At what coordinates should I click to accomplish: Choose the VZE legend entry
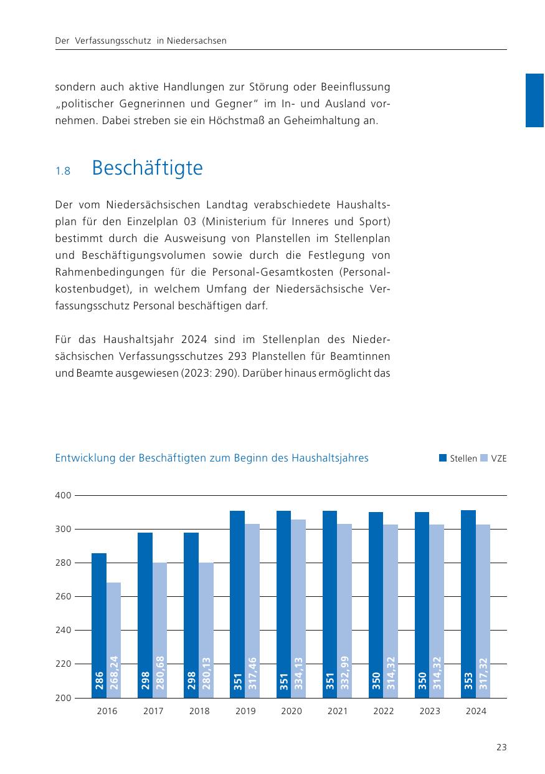tap(494, 458)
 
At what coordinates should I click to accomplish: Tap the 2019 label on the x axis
tap(245, 711)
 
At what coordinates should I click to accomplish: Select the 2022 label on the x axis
tap(384, 711)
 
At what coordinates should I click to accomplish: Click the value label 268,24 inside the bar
tap(114, 673)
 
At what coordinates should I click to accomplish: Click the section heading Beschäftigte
tap(147, 168)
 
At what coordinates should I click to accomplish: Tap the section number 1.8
tap(63, 171)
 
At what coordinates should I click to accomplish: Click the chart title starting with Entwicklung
tap(212, 458)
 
